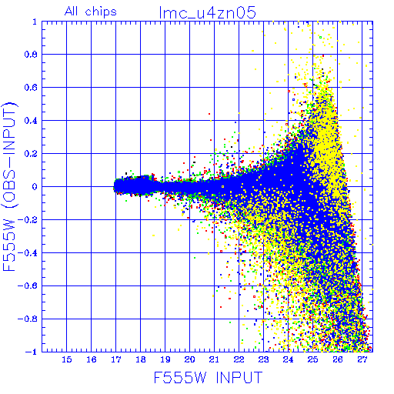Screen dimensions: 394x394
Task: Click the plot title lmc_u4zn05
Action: coord(207,12)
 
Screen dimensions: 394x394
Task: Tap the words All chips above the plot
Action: coord(91,12)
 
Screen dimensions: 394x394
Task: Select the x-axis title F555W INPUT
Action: coord(208,377)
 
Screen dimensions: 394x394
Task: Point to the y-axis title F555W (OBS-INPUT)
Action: coord(9,186)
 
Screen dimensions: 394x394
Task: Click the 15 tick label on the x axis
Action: coord(67,359)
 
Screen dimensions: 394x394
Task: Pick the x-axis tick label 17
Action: coord(116,359)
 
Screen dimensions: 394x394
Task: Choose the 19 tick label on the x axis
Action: coord(165,359)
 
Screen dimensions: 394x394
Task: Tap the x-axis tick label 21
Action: coord(214,359)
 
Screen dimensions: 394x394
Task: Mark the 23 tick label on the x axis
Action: coord(263,359)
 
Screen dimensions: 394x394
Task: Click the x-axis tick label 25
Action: coord(312,359)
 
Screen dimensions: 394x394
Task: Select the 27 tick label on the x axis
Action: coord(362,359)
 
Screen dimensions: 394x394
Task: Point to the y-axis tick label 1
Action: coord(35,22)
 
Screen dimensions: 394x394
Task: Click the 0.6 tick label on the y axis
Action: coord(31,88)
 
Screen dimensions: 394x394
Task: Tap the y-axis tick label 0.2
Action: coord(31,154)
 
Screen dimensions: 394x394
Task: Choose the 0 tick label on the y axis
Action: coord(35,187)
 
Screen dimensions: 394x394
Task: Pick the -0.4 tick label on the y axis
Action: coord(28,253)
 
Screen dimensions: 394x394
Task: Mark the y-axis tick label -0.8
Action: coord(28,319)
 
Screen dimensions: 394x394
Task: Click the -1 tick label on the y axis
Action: coord(32,352)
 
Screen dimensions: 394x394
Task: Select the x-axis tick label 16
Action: coord(92,359)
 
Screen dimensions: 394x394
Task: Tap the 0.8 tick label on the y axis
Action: coord(31,55)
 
